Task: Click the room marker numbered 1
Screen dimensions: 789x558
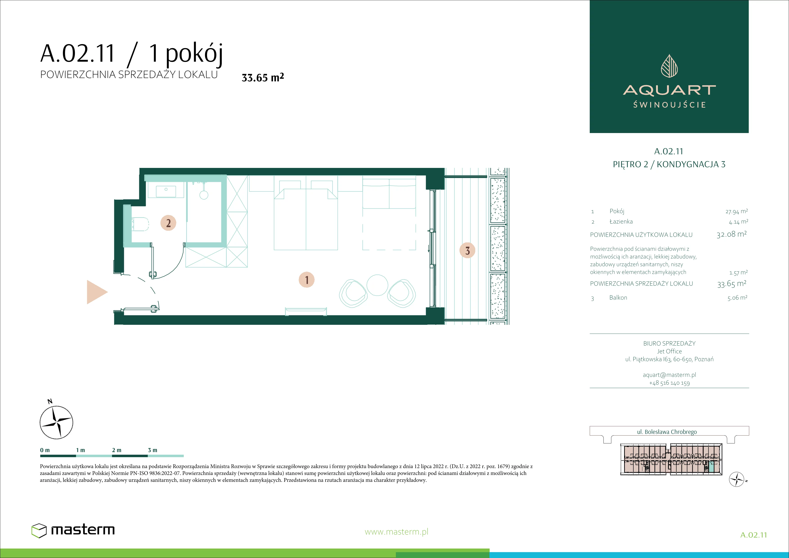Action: (307, 280)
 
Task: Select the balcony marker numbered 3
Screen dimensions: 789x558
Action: (467, 250)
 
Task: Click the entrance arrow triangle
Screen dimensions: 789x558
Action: (97, 292)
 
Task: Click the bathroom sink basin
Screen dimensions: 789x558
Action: (166, 191)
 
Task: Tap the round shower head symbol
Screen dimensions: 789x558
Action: (204, 195)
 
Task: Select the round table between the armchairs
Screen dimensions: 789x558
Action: (377, 285)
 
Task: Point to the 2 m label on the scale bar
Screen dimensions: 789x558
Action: (117, 450)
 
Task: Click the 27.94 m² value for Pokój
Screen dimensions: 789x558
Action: (736, 211)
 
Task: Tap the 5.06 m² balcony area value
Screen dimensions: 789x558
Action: (737, 298)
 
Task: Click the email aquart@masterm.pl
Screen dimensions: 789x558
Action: (669, 375)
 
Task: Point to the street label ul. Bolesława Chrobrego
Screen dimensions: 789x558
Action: (667, 432)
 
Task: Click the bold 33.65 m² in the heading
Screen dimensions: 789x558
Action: (263, 77)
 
